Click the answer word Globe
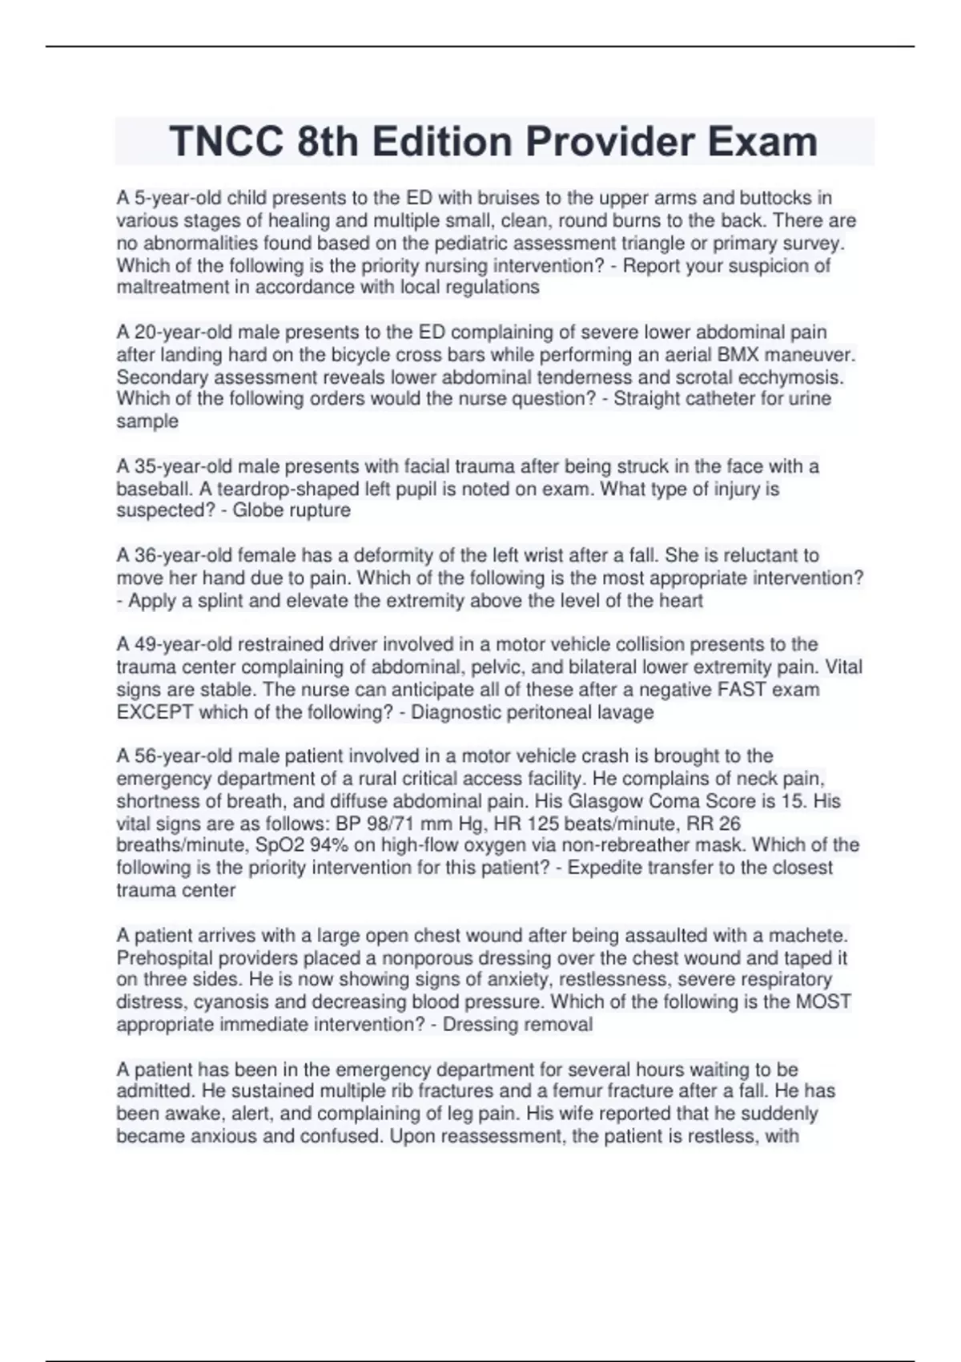(259, 511)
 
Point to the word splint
(219, 601)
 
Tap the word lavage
(625, 712)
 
